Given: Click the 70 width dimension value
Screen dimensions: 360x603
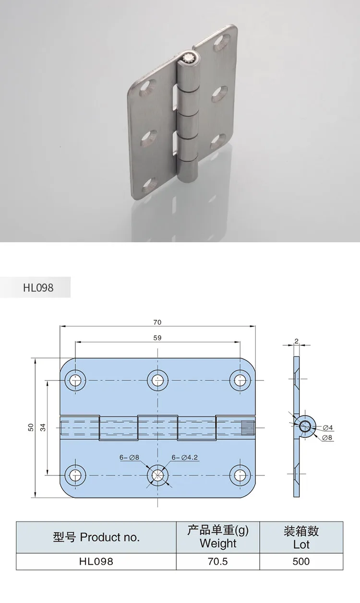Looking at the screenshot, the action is [x=157, y=322].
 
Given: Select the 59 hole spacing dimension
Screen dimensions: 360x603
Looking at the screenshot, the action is [x=157, y=338].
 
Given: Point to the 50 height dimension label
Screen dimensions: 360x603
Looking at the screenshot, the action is [x=31, y=427].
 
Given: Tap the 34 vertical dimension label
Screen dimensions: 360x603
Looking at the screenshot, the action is [x=43, y=427].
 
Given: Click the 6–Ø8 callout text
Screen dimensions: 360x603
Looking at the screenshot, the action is [x=129, y=457].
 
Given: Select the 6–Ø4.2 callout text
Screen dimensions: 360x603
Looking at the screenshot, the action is [x=185, y=457].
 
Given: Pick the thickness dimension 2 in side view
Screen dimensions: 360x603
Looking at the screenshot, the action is [x=297, y=341].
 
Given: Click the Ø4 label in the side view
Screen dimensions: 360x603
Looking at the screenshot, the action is [x=328, y=427].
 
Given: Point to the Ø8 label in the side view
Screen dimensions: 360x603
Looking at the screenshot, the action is [x=327, y=437].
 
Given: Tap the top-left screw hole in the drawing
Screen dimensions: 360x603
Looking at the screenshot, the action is [x=75, y=380].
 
